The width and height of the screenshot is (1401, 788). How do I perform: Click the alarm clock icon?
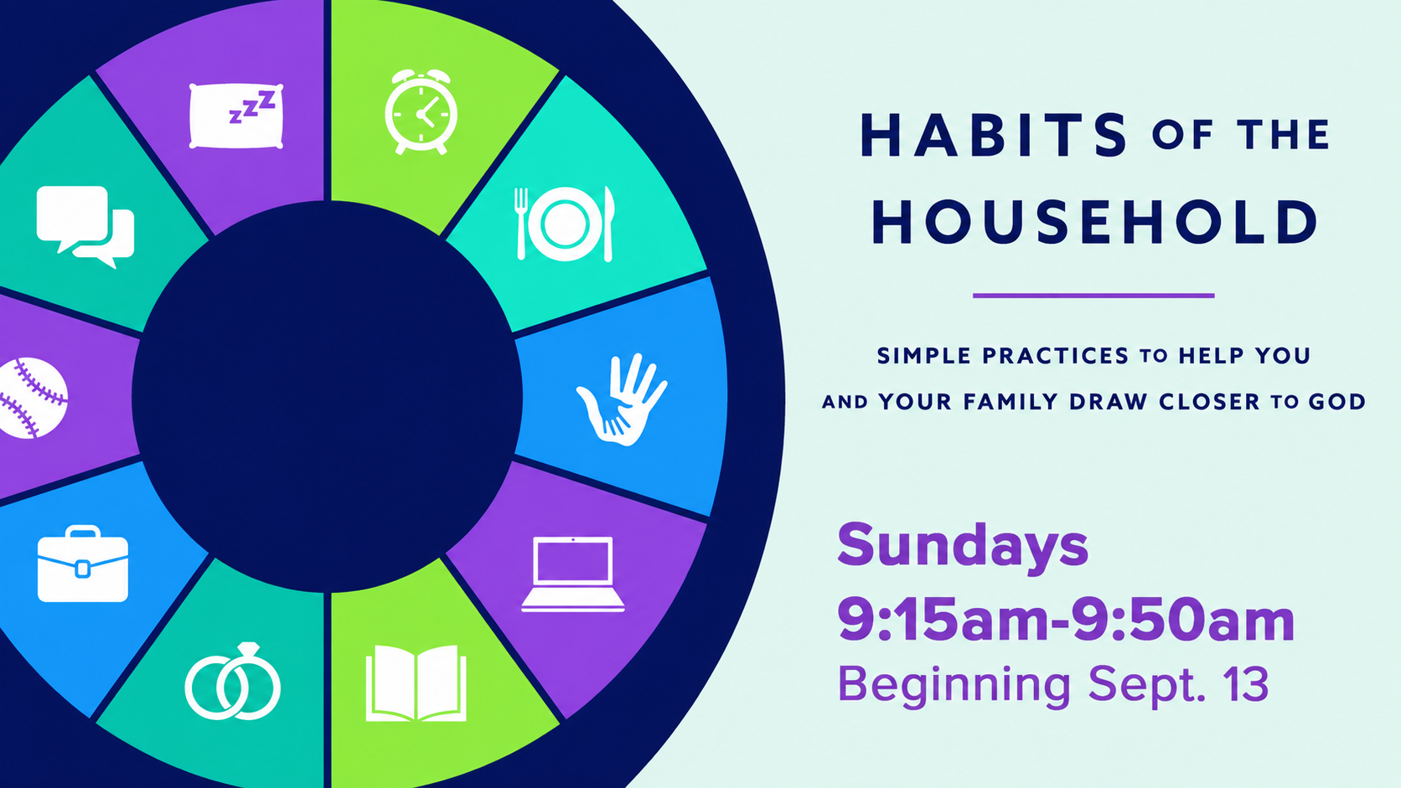[421, 112]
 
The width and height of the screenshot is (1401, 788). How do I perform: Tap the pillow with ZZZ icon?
[235, 116]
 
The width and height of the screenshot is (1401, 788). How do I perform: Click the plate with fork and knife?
[564, 224]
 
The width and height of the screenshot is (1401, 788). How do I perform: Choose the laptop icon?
[573, 574]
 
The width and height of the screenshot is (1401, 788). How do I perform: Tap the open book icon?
[416, 683]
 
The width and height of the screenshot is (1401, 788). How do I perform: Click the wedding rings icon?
[233, 682]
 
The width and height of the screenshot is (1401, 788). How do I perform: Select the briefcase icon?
[83, 564]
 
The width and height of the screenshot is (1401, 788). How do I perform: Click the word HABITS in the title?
[995, 134]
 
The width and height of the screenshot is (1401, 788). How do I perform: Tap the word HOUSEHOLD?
[1094, 222]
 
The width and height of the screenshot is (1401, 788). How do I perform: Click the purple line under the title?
[1093, 296]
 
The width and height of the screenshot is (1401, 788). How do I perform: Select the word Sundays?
[963, 546]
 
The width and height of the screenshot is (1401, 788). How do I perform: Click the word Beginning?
[954, 686]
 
